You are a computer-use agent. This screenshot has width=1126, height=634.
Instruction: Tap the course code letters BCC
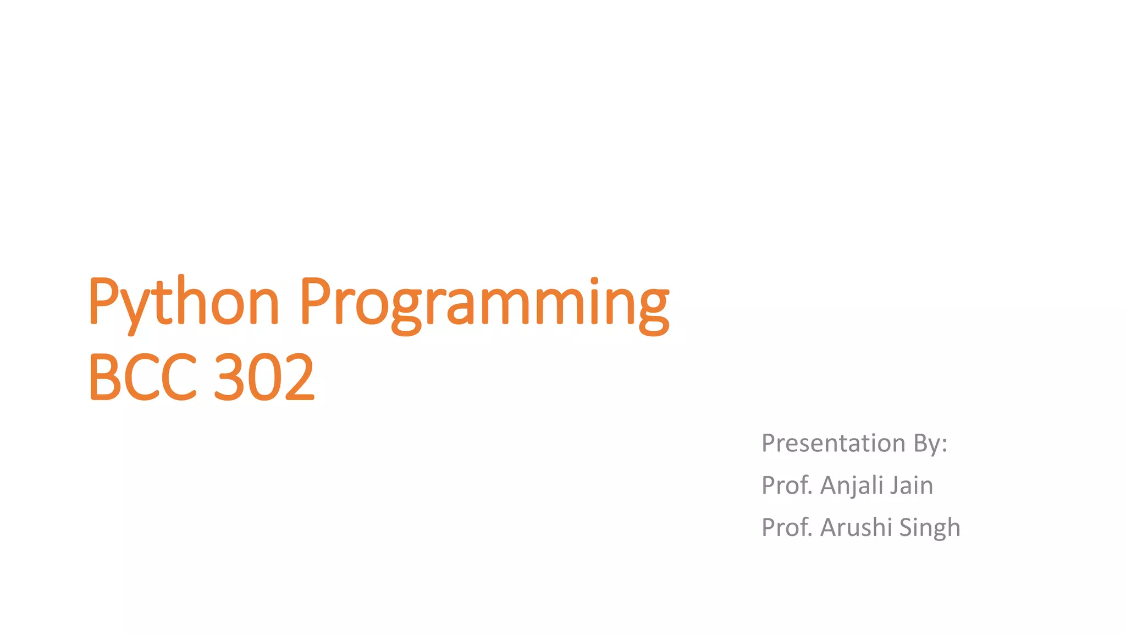tap(142, 377)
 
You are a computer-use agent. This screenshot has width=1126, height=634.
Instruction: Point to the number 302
tap(264, 377)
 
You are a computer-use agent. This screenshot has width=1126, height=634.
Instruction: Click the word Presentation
tap(833, 443)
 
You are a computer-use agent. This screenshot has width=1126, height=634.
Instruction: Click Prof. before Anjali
tap(787, 485)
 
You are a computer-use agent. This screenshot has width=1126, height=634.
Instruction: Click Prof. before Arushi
tap(787, 527)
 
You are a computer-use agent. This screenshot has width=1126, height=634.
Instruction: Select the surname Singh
tap(930, 527)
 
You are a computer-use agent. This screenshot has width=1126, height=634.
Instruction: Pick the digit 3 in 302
tap(228, 377)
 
